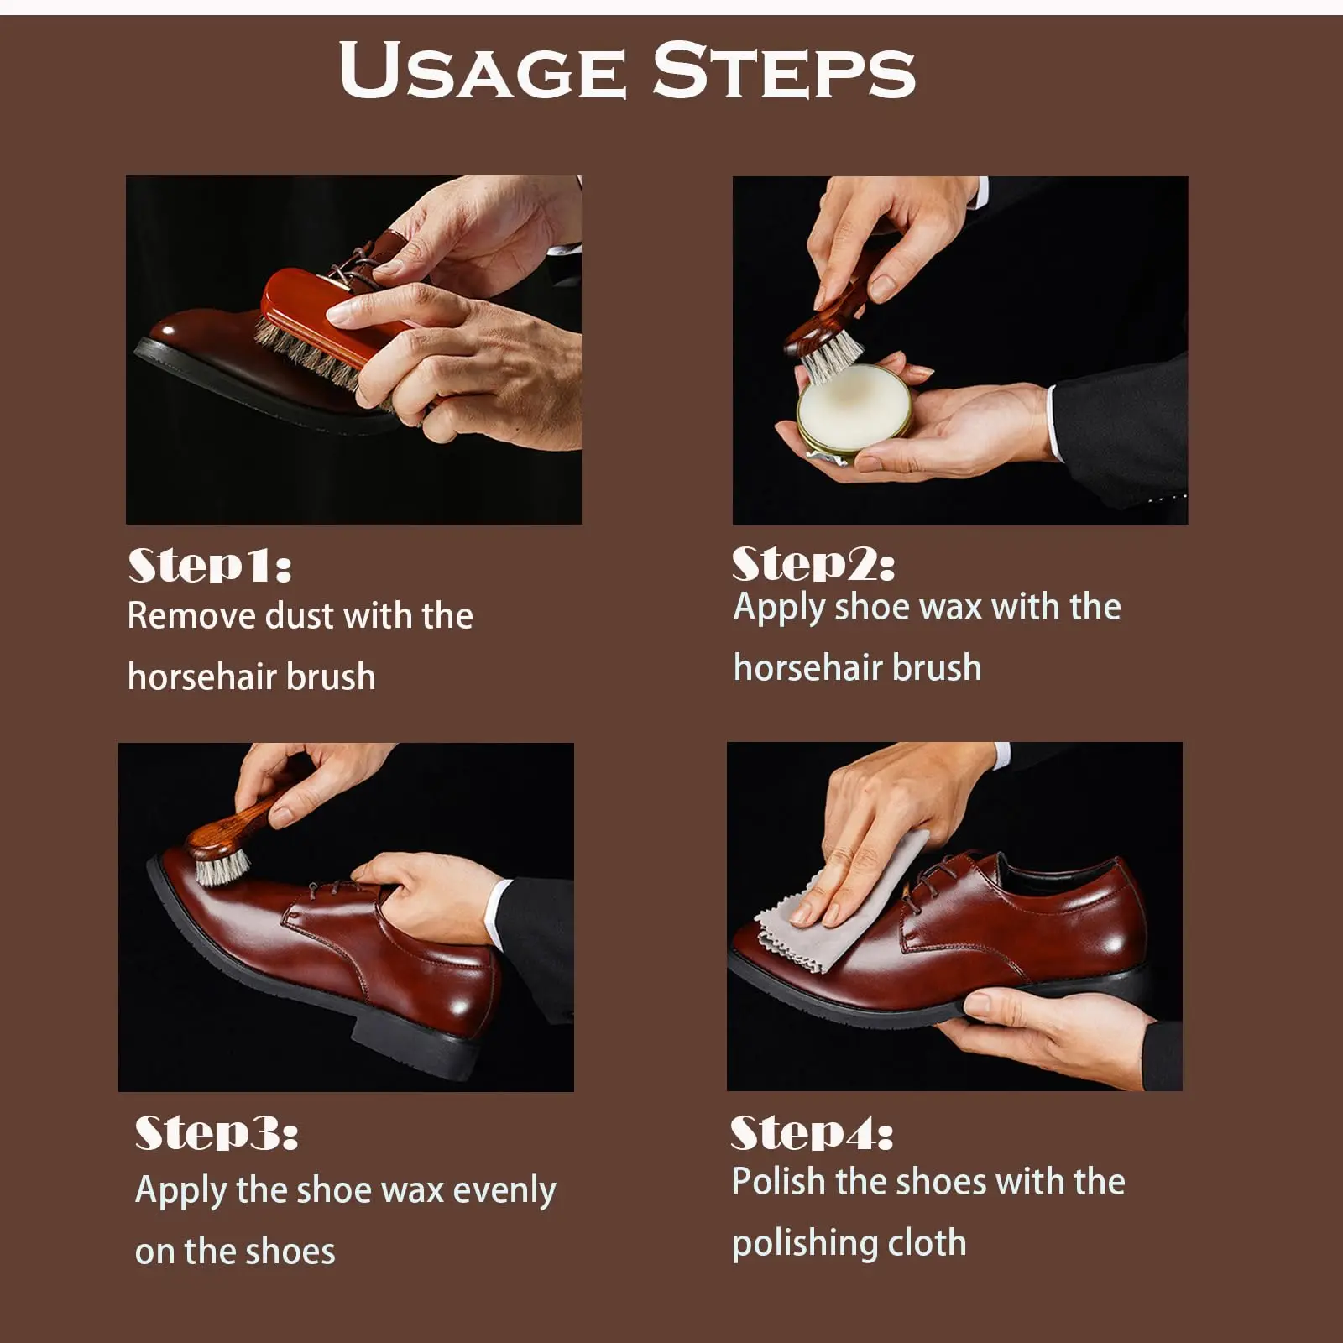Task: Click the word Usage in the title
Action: click(x=483, y=70)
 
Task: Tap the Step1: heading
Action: click(x=210, y=565)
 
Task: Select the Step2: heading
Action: click(x=813, y=563)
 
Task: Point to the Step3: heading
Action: click(x=217, y=1132)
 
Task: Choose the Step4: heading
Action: click(x=812, y=1132)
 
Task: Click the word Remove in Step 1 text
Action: click(x=191, y=616)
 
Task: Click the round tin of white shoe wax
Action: click(x=854, y=413)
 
